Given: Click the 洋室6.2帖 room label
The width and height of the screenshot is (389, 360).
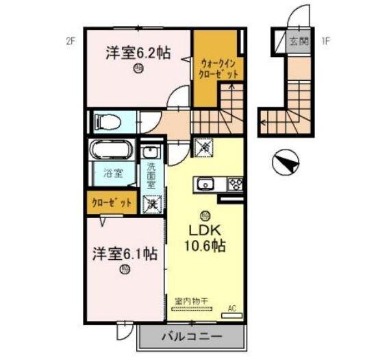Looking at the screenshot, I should pyautogui.click(x=138, y=53).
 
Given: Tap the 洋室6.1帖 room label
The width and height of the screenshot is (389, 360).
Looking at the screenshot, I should pyautogui.click(x=125, y=254).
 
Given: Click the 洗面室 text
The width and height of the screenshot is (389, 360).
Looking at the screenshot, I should pyautogui.click(x=151, y=176).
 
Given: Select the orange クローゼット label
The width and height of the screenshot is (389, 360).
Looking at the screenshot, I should pyautogui.click(x=112, y=202).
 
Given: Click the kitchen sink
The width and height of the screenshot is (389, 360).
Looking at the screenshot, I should pyautogui.click(x=206, y=183).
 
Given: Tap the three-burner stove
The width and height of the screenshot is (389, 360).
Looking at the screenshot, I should pyautogui.click(x=235, y=183).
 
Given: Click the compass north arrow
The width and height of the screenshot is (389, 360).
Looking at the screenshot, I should pyautogui.click(x=286, y=164).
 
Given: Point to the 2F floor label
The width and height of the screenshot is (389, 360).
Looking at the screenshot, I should pyautogui.click(x=71, y=40).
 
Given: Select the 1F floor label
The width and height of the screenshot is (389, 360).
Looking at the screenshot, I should pyautogui.click(x=327, y=40).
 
